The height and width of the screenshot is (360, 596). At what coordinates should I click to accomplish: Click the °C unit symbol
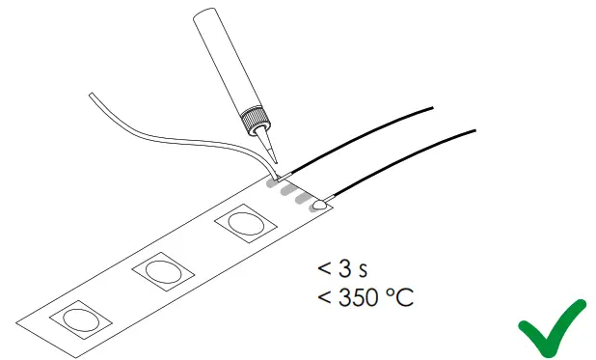click(x=401, y=298)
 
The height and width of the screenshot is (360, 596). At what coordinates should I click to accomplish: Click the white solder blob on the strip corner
click(x=319, y=204)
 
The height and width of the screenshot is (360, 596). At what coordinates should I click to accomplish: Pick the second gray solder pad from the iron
click(x=287, y=190)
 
